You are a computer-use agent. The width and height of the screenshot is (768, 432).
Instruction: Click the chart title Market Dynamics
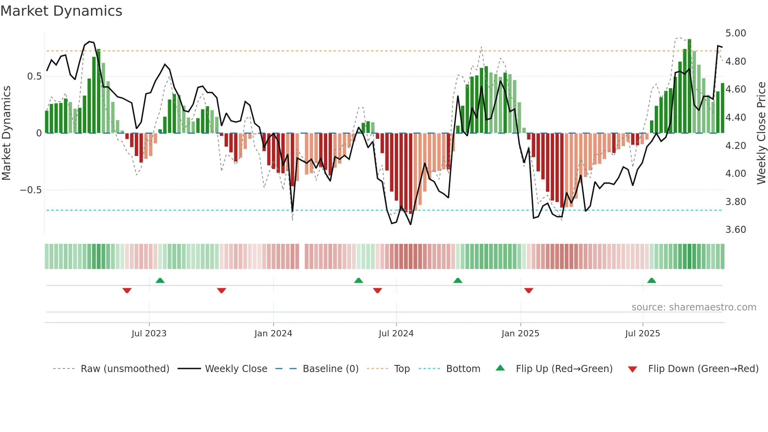(61, 11)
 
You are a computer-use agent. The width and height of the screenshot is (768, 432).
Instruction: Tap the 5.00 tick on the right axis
(735, 33)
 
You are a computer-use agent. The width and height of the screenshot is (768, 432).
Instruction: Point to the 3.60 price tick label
(735, 230)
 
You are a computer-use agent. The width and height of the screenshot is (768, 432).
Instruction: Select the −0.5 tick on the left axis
(31, 190)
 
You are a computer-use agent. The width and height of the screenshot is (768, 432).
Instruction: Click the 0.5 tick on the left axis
(34, 76)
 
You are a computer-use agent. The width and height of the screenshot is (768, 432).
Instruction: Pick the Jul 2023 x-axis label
(149, 334)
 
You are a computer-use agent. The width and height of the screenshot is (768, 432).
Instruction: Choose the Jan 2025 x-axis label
(520, 334)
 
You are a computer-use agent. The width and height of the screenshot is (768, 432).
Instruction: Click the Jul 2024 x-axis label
(396, 334)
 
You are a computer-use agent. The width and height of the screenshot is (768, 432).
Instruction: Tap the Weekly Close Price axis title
(761, 133)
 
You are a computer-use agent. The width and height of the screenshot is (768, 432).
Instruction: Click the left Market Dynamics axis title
(6, 133)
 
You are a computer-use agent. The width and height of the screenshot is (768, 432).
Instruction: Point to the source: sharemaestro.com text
(694, 307)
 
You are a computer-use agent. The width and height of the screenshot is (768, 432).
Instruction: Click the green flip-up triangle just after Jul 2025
(652, 280)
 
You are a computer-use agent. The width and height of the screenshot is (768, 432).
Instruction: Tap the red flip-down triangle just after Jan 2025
(529, 290)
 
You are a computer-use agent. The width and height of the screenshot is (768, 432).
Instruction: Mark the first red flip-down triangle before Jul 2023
(127, 290)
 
